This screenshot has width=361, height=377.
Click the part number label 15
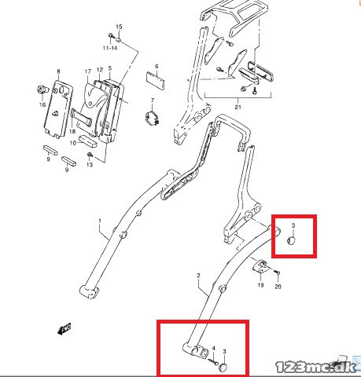[119, 27]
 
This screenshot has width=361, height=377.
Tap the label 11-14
[110, 48]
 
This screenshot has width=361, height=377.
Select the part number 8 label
[58, 71]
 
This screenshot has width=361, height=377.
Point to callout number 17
[88, 71]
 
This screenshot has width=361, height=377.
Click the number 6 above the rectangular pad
[157, 66]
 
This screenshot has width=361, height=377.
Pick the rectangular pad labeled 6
[156, 81]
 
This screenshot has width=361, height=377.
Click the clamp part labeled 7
[153, 118]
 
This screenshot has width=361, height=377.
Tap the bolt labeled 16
[42, 90]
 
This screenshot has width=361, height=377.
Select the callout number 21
[238, 107]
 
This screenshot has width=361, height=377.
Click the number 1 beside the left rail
[100, 221]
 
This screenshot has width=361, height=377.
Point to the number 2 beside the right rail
[198, 276]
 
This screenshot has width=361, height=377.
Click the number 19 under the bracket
[260, 285]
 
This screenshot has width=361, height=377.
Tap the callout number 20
[278, 287]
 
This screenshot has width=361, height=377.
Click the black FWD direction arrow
[64, 328]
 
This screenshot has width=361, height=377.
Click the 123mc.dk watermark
[316, 367]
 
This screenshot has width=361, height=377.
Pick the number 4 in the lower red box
[214, 348]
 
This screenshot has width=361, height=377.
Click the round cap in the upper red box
[292, 240]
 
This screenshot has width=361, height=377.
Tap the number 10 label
[73, 143]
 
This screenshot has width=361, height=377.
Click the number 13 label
[90, 164]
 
